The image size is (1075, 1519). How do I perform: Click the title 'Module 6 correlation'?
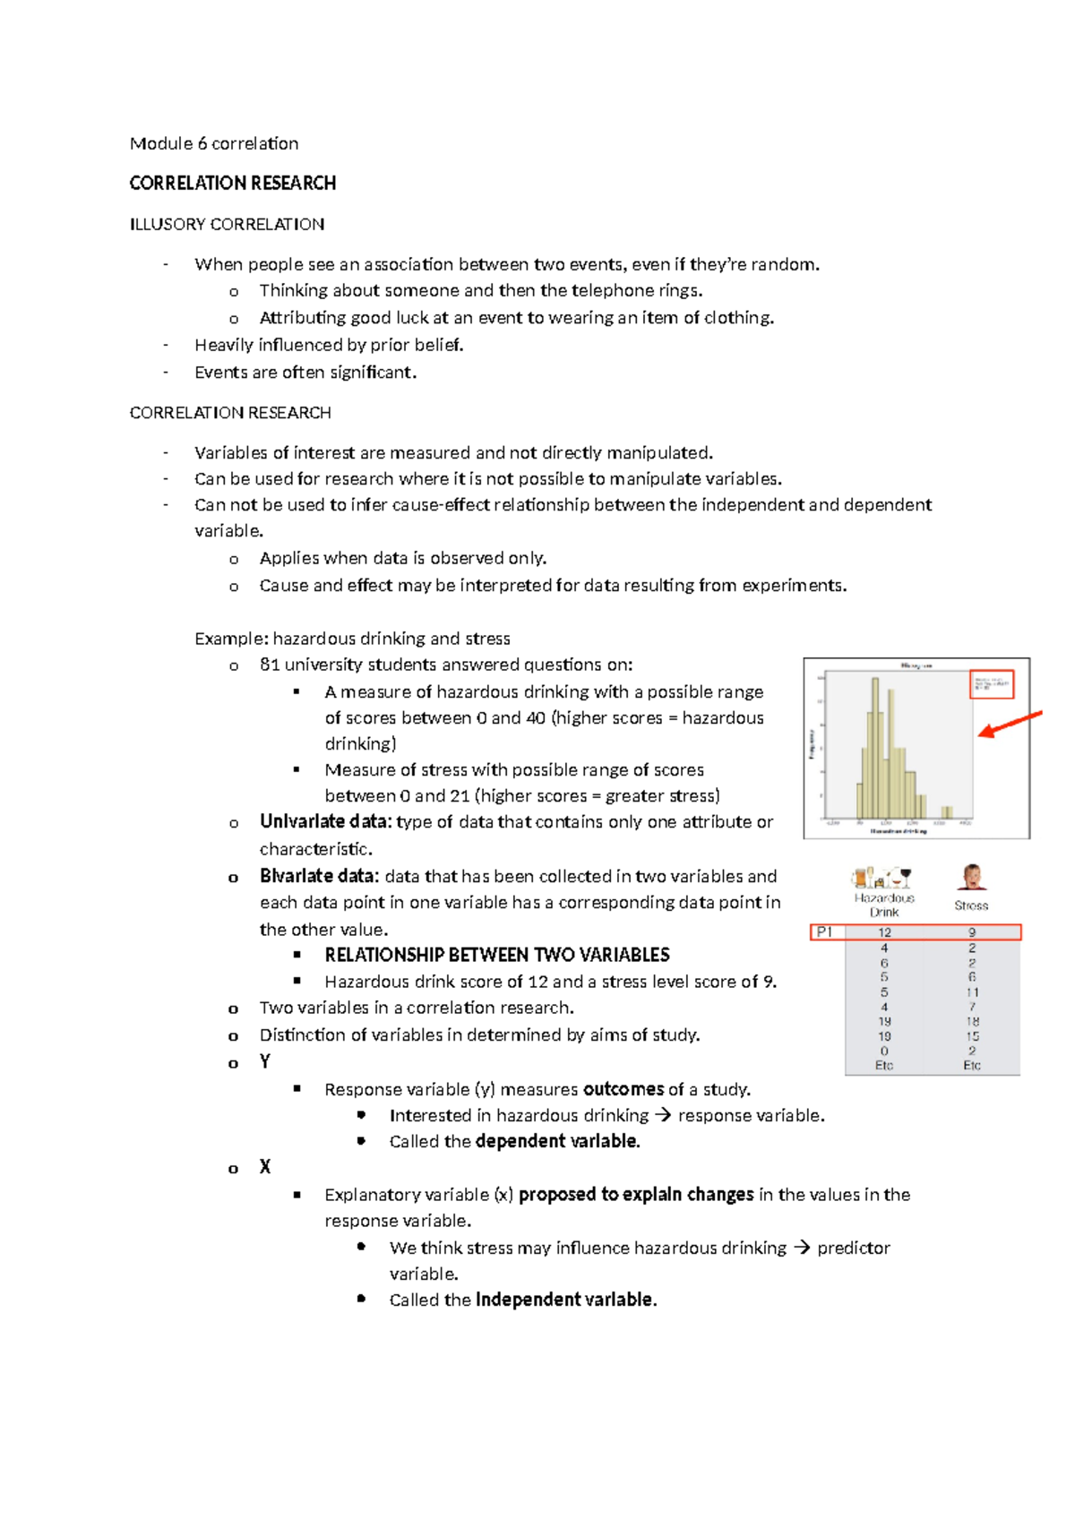(x=213, y=143)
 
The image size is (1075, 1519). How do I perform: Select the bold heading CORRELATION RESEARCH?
(x=232, y=183)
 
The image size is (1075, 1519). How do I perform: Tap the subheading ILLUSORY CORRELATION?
(x=227, y=224)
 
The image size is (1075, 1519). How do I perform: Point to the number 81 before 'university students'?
(x=270, y=665)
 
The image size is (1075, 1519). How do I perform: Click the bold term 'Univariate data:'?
(x=324, y=821)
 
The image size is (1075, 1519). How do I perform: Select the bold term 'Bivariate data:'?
(x=319, y=876)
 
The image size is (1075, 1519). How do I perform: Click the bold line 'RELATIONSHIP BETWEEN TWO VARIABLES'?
(x=496, y=955)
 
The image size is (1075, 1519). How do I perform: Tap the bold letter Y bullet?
(x=264, y=1061)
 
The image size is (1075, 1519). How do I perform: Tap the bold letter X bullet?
(x=264, y=1167)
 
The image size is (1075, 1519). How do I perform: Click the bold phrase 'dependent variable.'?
(x=557, y=1141)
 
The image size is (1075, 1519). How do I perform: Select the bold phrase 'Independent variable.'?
(x=566, y=1300)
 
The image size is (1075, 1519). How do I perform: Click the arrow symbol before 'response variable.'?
(x=662, y=1115)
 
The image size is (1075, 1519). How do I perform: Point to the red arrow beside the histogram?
(x=1010, y=725)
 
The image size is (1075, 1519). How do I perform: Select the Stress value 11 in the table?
(x=972, y=992)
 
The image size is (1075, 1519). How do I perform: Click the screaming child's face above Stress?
(x=972, y=875)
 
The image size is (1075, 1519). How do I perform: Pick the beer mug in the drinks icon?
(x=861, y=877)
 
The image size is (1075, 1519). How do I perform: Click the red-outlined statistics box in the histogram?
(x=992, y=684)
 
